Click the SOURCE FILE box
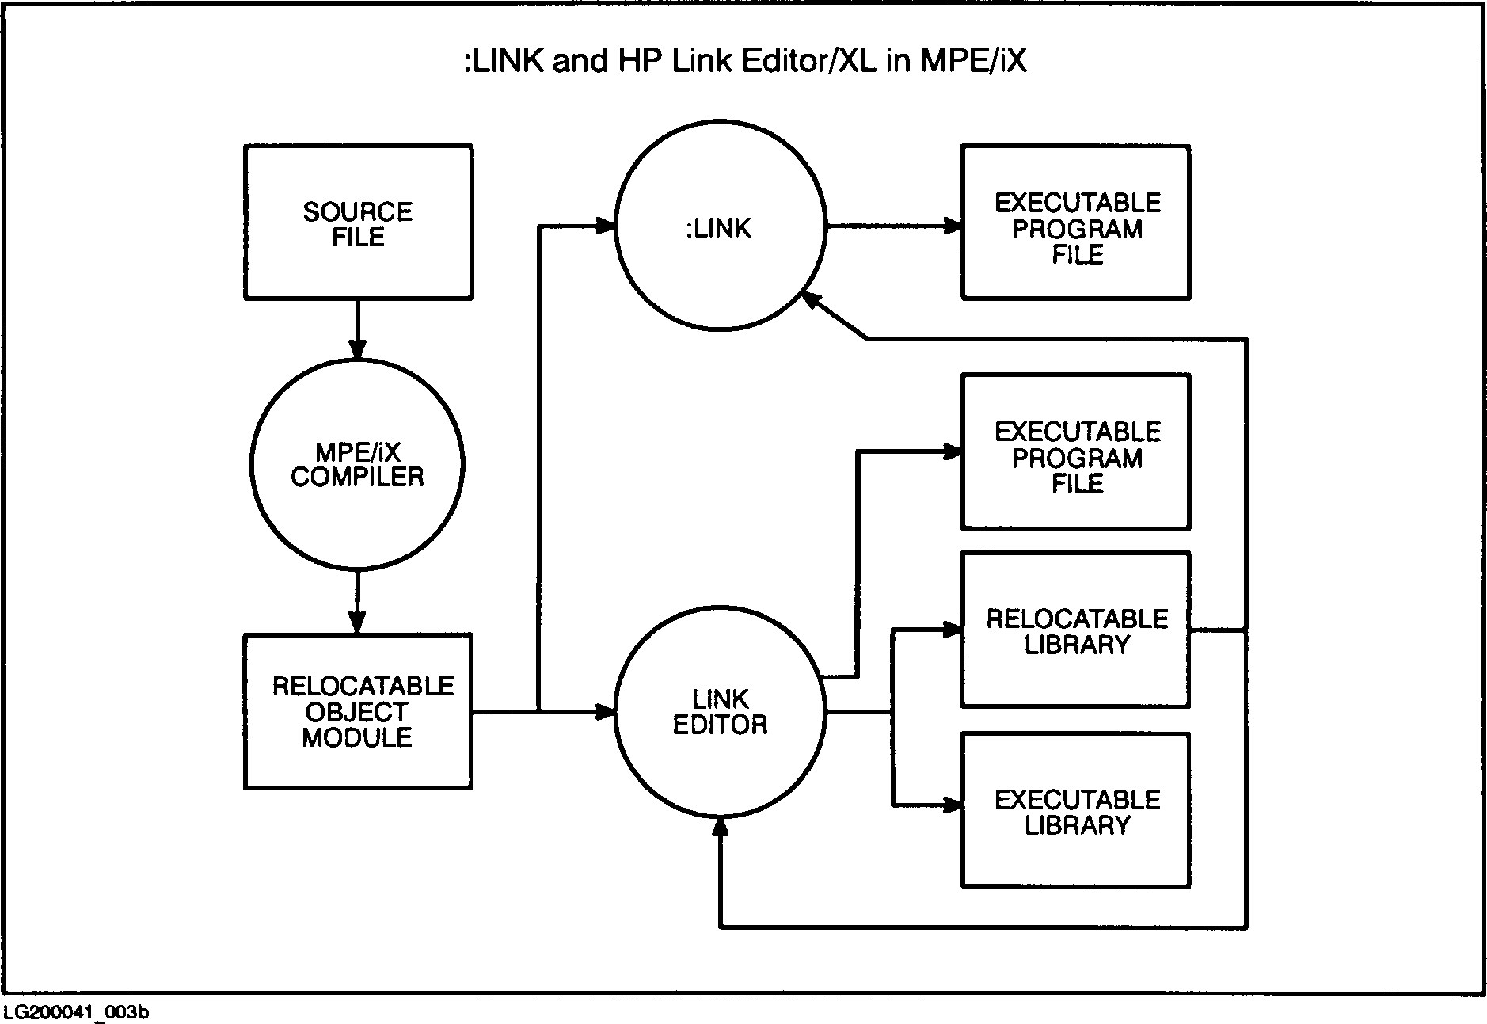click(x=358, y=223)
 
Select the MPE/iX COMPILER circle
click(x=358, y=464)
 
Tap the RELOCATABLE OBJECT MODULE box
click(x=358, y=711)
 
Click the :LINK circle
click(x=721, y=227)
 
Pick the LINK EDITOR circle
click(x=721, y=712)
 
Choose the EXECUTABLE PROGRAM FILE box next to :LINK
click(x=1076, y=223)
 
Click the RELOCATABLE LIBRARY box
click(x=1076, y=630)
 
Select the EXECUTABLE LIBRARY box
click(x=1076, y=810)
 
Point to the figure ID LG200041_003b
click(x=77, y=1012)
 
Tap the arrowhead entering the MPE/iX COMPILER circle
click(x=358, y=349)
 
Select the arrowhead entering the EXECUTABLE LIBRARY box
click(x=953, y=805)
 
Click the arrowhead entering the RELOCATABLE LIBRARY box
click(x=953, y=630)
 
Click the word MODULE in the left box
click(x=358, y=737)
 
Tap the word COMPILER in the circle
click(x=358, y=477)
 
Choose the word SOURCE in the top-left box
click(x=358, y=211)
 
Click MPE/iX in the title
click(x=973, y=61)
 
